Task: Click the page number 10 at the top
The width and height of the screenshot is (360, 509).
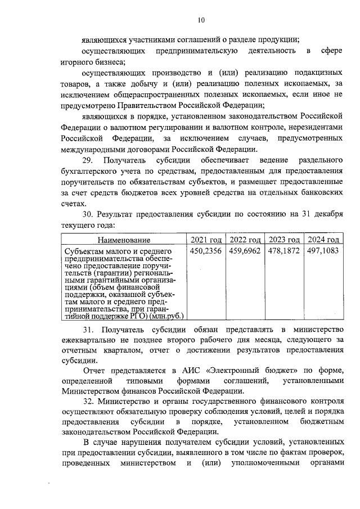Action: pos(201,20)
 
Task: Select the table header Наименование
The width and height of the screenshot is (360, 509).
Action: pos(123,240)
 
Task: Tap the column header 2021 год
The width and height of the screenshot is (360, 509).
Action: pos(206,240)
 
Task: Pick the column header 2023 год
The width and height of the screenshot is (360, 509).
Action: pos(283,240)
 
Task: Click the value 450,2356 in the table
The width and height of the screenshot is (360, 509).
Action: pos(206,251)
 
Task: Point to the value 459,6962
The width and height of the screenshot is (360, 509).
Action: pos(245,251)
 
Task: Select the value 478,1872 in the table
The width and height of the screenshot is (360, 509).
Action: pos(283,251)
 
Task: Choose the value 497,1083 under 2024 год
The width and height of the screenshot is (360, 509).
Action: pos(322,251)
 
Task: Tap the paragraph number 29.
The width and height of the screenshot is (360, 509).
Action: pos(88,161)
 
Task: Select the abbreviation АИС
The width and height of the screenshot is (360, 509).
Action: pos(192,373)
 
